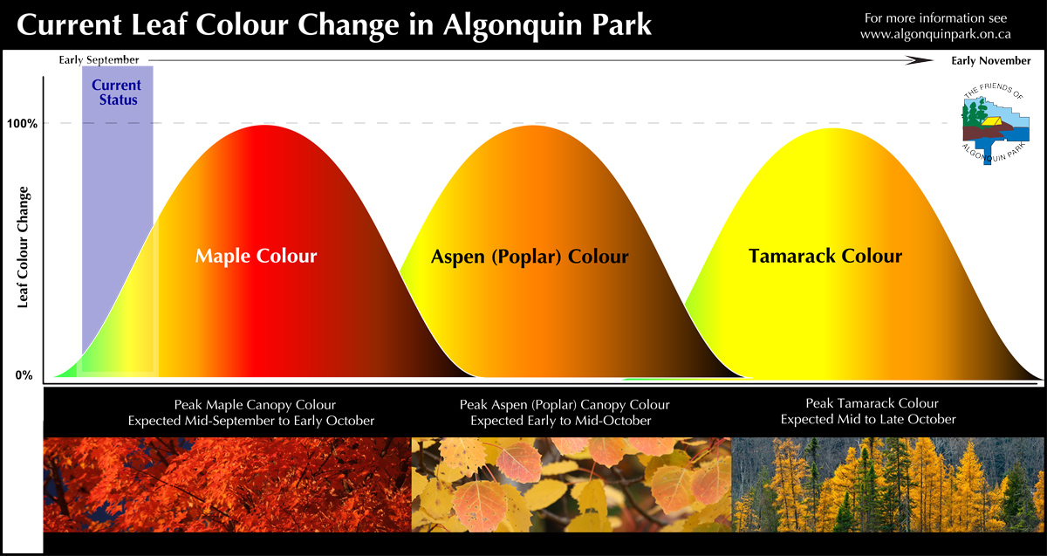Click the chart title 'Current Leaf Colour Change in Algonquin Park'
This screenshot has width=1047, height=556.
point(333,25)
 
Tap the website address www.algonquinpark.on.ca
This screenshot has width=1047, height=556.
point(935,35)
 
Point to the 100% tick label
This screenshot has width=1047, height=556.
point(22,123)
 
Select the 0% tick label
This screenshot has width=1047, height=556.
point(24,375)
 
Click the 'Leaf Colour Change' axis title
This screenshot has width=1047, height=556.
point(23,247)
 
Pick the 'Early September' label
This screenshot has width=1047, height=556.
point(99,60)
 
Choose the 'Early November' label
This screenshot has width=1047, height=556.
point(991,61)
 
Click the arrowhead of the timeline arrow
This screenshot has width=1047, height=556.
point(920,60)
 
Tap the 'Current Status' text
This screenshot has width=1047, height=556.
point(117,93)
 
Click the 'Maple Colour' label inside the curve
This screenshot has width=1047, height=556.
point(257,256)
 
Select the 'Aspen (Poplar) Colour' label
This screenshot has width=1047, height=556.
point(530,257)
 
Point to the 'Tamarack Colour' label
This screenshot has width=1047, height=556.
point(825,256)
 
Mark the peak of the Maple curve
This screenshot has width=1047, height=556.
point(264,126)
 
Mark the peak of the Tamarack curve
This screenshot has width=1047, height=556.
point(833,128)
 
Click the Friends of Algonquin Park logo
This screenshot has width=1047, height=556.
point(995,123)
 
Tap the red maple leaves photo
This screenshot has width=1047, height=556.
point(227,484)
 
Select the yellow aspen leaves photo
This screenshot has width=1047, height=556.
point(571,484)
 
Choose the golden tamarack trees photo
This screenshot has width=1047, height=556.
point(887,484)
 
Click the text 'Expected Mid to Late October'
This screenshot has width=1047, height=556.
point(868,420)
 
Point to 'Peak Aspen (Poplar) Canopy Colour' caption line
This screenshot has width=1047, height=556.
point(565,405)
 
